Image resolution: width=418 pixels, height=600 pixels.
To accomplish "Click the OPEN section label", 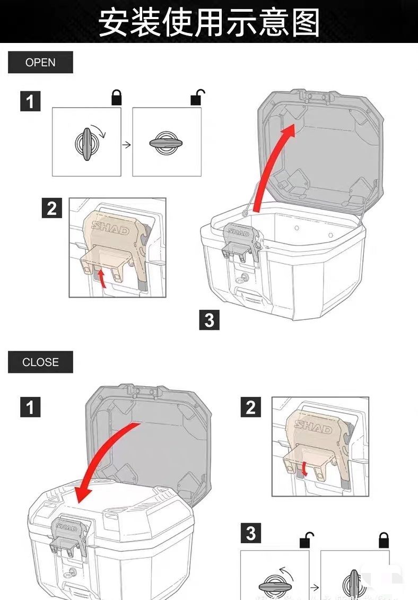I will tap(40, 63).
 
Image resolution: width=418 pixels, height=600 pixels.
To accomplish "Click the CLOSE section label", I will tap(40, 362).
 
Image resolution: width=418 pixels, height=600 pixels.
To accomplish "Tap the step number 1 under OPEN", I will tap(30, 101).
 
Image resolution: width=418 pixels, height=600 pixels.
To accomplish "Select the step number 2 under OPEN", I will tap(51, 208).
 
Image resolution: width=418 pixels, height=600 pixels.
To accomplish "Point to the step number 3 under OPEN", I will tap(209, 320).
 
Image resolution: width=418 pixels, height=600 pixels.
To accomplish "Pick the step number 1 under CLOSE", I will tap(30, 407).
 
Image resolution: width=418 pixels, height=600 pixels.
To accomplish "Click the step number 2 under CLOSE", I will tap(250, 407).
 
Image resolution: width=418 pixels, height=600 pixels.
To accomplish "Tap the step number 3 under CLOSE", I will tap(250, 533).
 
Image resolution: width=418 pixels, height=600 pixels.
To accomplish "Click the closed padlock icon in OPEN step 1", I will tap(116, 97).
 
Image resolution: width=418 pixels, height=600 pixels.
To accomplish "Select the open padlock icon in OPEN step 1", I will tap(197, 97).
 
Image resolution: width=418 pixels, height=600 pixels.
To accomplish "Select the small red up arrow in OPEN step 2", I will tap(102, 276).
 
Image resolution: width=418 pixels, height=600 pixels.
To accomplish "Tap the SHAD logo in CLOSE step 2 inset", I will tap(313, 426).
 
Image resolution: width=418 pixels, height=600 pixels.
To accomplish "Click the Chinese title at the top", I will tap(209, 22).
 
